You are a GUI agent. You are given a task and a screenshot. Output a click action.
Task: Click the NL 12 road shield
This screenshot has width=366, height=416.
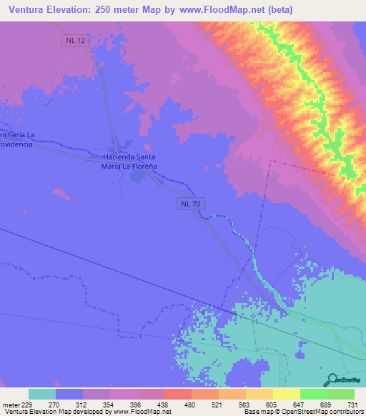coord(74,41)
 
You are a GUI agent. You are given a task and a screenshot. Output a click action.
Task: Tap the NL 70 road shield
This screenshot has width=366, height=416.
coord(189,204)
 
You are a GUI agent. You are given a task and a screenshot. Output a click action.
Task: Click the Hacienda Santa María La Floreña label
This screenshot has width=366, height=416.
coord(129,161)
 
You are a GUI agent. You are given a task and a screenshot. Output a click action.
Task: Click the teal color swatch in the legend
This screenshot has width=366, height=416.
coord(42,394)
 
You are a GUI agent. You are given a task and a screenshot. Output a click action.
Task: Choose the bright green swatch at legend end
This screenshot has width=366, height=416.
coord(340,394)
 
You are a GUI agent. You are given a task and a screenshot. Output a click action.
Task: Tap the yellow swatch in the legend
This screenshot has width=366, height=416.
coord(286,394)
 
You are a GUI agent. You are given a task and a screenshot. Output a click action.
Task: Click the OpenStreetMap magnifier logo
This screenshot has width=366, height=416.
coord(332,379)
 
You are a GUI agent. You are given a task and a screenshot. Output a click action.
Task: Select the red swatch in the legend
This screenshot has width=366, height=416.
coord(177,394)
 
